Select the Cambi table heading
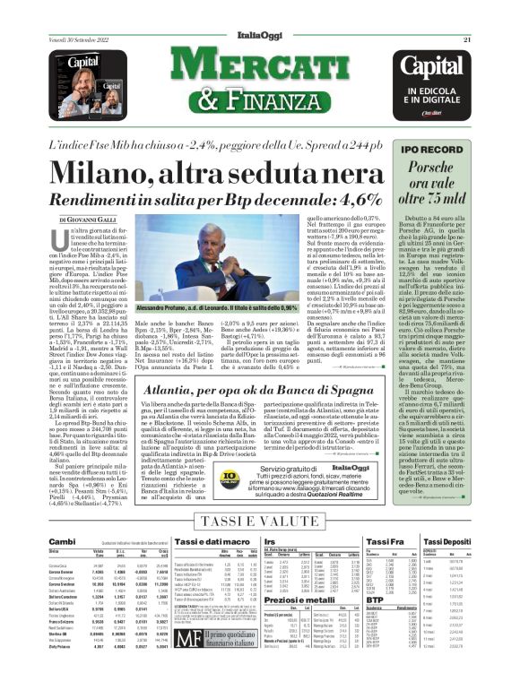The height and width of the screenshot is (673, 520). [62, 540]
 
